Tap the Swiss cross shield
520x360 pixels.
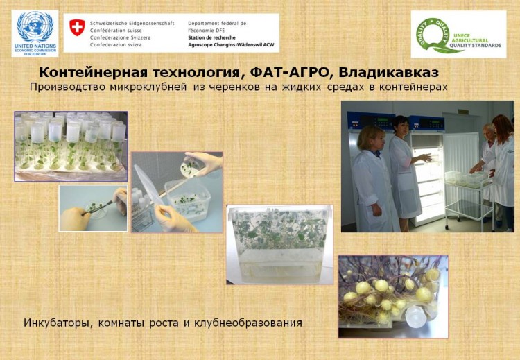[x=77, y=27]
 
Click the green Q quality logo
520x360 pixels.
[x=433, y=35]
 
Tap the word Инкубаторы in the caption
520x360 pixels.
[x=55, y=323]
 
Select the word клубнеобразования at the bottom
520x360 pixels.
[x=248, y=323]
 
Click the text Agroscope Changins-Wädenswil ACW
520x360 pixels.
[x=231, y=45]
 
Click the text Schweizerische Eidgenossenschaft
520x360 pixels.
[x=132, y=23]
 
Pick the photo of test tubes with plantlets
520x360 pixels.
[x=71, y=146]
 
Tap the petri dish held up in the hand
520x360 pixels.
[x=190, y=168]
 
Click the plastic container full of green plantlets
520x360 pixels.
[x=280, y=245]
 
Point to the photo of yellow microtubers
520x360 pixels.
[x=393, y=296]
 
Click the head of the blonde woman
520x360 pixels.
[x=370, y=138]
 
